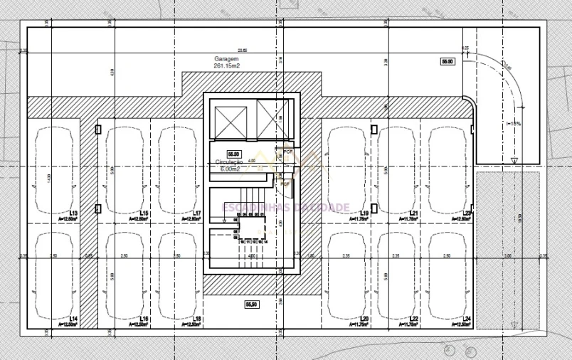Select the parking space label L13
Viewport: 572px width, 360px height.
pos(73,213)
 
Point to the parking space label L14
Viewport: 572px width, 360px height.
pos(73,318)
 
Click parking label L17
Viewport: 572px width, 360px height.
pos(197,213)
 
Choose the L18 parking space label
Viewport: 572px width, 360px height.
pos(197,318)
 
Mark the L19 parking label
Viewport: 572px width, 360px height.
pos(364,213)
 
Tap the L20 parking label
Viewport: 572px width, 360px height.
pos(364,318)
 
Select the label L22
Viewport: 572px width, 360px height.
pos(413,318)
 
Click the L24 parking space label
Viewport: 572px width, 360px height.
pos(467,318)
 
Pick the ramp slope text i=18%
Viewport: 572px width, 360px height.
pos(514,124)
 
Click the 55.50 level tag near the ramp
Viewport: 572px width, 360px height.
pos(447,63)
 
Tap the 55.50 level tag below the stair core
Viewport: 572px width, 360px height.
pos(251,305)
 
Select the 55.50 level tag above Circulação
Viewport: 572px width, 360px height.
pos(233,154)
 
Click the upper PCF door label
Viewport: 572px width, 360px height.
pos(288,152)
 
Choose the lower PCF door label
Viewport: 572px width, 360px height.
pos(285,184)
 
